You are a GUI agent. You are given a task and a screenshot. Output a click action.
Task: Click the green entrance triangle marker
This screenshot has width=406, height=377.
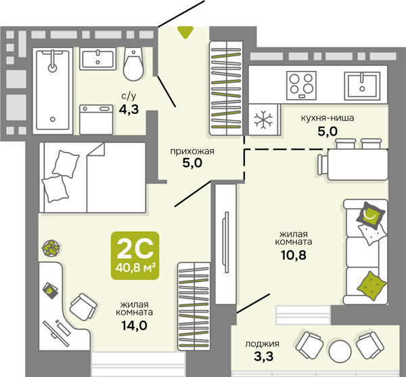click(185, 32)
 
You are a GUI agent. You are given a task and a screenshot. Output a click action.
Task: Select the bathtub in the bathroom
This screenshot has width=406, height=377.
click(53, 91)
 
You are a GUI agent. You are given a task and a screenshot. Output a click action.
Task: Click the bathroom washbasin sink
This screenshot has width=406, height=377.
click(97, 59)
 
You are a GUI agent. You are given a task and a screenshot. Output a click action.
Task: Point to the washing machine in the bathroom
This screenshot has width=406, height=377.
click(96, 119)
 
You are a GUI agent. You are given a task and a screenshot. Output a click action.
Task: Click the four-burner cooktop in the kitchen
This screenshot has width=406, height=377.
click(301, 85)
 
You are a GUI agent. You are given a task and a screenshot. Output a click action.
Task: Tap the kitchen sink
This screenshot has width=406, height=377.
click(362, 86)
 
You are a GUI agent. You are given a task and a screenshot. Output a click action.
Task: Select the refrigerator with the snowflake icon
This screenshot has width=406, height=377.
click(264, 119)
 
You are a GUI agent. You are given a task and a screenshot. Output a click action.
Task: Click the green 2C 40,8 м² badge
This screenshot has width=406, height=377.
click(135, 256)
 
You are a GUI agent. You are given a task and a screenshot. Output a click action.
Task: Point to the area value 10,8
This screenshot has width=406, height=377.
click(294, 256)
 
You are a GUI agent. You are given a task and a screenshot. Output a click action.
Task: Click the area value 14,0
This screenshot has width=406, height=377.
click(135, 325)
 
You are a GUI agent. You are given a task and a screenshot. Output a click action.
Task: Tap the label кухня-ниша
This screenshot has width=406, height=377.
click(328, 118)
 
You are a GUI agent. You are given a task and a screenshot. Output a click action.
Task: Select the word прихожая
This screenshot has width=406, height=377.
click(192, 151)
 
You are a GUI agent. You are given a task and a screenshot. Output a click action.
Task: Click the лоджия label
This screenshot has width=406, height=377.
click(263, 344)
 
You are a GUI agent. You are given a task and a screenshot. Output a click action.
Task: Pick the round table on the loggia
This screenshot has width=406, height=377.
click(340, 351)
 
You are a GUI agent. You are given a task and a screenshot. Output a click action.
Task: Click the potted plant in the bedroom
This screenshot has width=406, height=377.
click(51, 248)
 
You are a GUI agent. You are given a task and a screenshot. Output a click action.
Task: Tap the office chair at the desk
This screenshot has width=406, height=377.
click(83, 307)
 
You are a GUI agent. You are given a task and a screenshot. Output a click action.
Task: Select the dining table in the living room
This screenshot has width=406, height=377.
click(357, 165)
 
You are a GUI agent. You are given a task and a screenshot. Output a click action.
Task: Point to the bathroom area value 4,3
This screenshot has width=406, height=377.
click(129, 109)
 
